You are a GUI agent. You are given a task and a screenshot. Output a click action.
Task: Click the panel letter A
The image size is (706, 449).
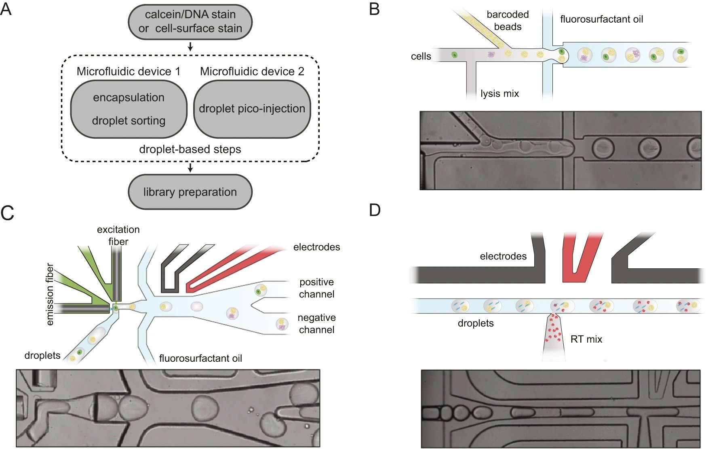6,9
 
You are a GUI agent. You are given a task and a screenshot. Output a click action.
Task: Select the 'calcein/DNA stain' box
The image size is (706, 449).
190,22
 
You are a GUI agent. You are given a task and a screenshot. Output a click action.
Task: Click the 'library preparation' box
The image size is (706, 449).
190,192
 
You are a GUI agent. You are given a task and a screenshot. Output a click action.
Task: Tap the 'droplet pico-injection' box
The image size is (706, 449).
252,109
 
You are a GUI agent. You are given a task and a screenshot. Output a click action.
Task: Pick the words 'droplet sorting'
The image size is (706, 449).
129,121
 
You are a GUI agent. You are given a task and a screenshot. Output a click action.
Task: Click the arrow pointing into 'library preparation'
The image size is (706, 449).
190,167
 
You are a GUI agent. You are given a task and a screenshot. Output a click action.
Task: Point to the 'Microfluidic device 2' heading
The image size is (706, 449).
252,72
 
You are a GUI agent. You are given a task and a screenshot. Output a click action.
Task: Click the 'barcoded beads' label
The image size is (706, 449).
508,21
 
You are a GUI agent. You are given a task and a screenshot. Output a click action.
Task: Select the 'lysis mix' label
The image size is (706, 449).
499,94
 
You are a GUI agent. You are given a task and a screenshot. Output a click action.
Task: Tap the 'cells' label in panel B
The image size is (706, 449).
421,57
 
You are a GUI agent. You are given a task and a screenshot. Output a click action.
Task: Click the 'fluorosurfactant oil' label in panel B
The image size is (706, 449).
601,19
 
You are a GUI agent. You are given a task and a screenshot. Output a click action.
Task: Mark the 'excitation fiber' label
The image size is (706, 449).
118,235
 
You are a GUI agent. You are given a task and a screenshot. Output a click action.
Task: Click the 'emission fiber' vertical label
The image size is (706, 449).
50,294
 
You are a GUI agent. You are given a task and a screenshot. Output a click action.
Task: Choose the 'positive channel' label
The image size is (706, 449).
316,288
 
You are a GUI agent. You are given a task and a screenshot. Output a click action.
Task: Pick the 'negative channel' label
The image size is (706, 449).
316,324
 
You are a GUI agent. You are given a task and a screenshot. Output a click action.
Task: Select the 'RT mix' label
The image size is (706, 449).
586,339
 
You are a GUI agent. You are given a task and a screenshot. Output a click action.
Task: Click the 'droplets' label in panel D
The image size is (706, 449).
476,323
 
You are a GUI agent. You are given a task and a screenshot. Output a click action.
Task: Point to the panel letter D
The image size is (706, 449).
375,210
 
